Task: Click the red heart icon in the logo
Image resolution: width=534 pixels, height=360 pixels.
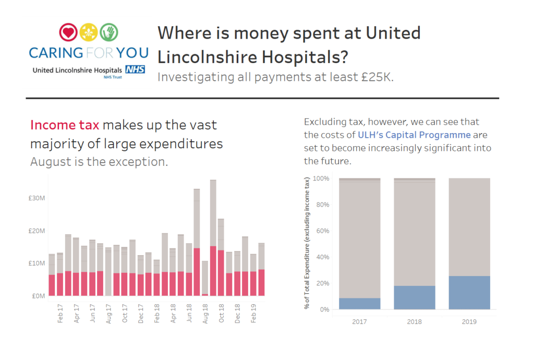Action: pos(68,32)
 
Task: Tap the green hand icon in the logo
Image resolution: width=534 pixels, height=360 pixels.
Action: pos(109,32)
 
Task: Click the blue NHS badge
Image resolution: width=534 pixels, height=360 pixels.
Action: pos(135,69)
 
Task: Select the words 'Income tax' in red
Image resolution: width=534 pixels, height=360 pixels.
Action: pos(64,125)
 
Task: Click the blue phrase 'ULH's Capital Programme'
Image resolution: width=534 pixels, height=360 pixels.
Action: pos(414,135)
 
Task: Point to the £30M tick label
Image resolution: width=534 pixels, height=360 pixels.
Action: pos(38,198)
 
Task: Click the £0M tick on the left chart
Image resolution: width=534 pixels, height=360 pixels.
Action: pos(39,296)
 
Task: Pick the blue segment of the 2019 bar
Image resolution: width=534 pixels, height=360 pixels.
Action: pos(469,293)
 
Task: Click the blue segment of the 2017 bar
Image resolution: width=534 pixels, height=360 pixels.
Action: pos(359,304)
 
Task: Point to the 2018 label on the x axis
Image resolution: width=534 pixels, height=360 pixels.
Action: pos(414,321)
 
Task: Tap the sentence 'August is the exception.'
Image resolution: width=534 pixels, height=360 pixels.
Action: pos(99,161)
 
